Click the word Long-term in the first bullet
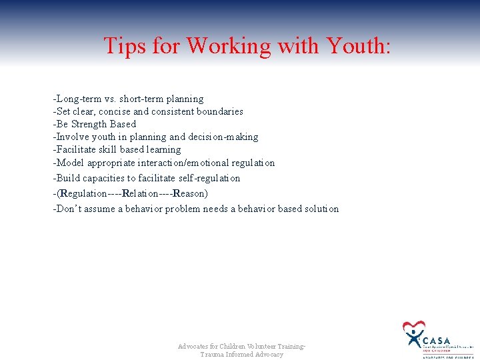(x=77, y=99)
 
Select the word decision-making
(x=225, y=137)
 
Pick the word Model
(x=70, y=163)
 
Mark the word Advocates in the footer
(x=194, y=347)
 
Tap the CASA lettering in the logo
(x=436, y=341)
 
